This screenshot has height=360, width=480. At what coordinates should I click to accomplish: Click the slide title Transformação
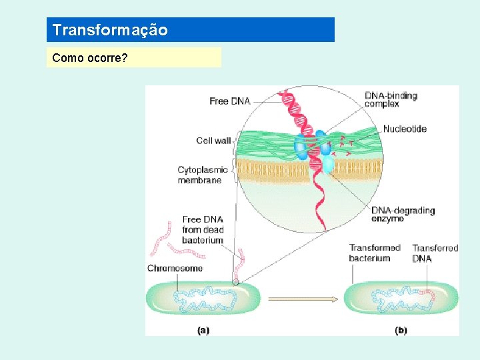point(110,30)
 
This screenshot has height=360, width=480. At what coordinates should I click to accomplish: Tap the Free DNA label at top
point(229,101)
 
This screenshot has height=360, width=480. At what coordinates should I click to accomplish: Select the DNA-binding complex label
point(391,99)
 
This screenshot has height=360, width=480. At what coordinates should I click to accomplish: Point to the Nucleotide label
point(405,129)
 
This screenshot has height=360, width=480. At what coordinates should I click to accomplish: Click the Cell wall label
point(213,141)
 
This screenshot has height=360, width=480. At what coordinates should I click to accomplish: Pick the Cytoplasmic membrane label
point(202,175)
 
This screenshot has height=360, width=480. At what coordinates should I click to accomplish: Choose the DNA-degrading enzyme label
point(403,215)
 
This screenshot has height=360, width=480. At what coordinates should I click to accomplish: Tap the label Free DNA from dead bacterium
point(203,230)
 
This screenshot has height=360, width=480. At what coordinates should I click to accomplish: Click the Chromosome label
point(175,269)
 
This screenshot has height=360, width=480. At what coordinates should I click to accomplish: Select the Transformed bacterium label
point(374,253)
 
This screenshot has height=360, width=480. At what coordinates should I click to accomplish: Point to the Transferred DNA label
point(435,253)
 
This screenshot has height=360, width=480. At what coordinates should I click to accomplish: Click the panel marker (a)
point(203,330)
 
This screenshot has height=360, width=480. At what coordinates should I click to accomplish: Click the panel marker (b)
point(401,330)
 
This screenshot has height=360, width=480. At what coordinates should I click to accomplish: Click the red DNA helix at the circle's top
point(291,107)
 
